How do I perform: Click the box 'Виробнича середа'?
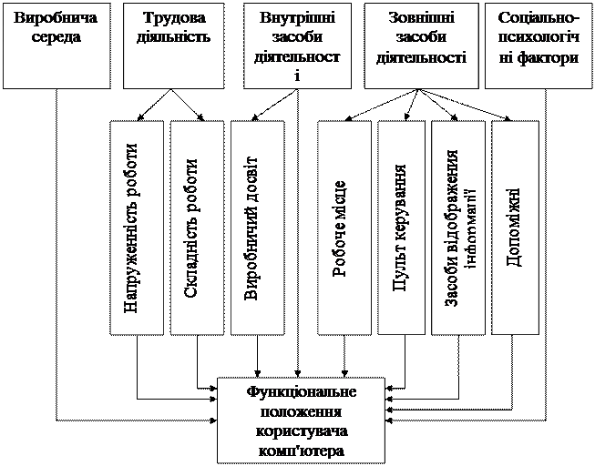[x=56, y=45]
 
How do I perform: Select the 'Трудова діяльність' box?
[x=177, y=45]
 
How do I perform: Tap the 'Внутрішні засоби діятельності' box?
[x=297, y=45]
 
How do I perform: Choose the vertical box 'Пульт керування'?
[x=403, y=228]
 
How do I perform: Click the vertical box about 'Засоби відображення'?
[x=457, y=228]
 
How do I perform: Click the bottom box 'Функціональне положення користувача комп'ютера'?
[x=302, y=420]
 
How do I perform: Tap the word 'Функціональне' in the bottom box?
[x=302, y=392]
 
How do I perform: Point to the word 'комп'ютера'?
[x=302, y=450]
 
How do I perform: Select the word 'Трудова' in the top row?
[x=177, y=19]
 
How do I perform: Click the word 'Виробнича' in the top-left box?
[x=55, y=19]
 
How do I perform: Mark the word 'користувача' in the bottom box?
[x=302, y=431]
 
